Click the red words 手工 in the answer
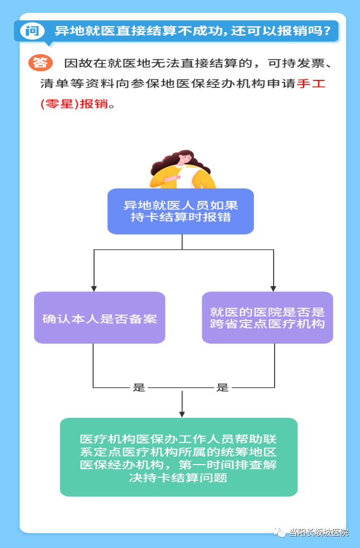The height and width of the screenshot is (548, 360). pyautogui.click(x=311, y=84)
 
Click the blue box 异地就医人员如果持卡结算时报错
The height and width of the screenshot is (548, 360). pyautogui.click(x=181, y=211)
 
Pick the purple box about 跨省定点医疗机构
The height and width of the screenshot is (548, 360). pyautogui.click(x=267, y=318)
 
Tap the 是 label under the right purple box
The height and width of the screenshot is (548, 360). pyautogui.click(x=222, y=387)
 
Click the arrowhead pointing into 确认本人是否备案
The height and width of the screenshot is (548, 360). pyautogui.click(x=93, y=288)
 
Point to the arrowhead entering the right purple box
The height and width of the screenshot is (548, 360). pyautogui.click(x=273, y=288)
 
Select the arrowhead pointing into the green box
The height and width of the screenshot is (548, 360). pyautogui.click(x=182, y=413)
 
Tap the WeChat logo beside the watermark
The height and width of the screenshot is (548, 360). pyautogui.click(x=279, y=532)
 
